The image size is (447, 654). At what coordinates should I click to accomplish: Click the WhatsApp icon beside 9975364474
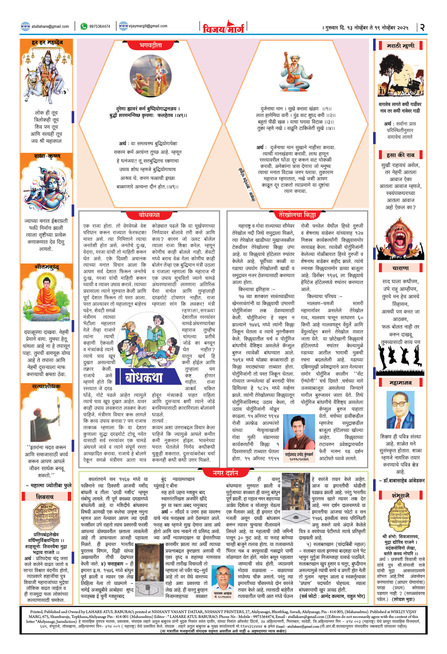tap(84, 26)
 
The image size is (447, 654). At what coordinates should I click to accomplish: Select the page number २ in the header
tap(422, 27)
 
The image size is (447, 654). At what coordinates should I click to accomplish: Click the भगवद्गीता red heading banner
tap(151, 45)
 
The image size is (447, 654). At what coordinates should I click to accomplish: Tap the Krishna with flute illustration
tap(46, 187)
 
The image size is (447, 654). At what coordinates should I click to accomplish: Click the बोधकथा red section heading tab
tap(149, 215)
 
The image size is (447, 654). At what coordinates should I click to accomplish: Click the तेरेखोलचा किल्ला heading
tap(297, 215)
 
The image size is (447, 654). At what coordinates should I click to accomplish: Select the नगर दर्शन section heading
tap(225, 473)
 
